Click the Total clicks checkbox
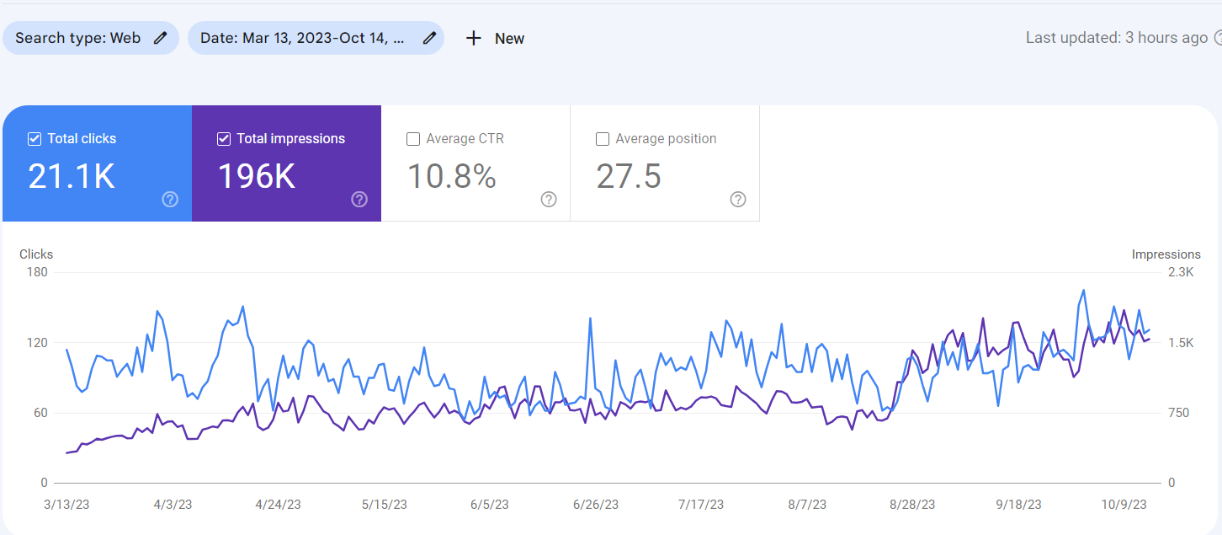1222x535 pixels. pos(35,139)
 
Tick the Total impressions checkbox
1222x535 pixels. pos(224,139)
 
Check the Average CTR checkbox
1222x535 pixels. pos(413,139)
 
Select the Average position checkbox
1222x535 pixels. pos(603,139)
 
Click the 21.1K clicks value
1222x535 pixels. pos(72,176)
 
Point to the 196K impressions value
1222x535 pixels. pos(256,176)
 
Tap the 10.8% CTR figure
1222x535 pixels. pos(451,176)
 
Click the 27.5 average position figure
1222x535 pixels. pos(629,176)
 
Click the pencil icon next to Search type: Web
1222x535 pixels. pos(160,38)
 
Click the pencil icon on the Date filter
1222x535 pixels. pos(429,38)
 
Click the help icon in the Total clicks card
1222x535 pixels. pos(170,199)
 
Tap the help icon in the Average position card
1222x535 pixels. pos(738,199)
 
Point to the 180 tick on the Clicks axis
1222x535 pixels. pos(37,272)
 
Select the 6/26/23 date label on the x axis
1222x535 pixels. pos(596,505)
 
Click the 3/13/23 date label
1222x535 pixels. pos(66,505)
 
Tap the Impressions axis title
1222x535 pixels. pos(1166,254)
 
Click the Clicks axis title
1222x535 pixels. pos(36,254)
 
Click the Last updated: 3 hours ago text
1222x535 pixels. pos(1116,38)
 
